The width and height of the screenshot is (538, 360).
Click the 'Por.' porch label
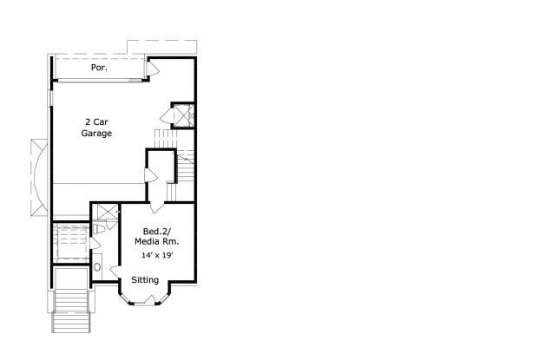[x=99, y=68]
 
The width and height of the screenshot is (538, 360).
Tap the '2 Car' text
[x=96, y=121]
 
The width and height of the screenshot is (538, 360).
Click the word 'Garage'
[x=96, y=133]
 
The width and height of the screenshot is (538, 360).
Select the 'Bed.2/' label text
[x=156, y=232]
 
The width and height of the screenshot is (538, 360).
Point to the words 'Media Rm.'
[x=156, y=241]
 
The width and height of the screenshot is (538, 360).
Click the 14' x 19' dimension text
[x=157, y=255]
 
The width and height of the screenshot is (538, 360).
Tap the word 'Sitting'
[x=145, y=280]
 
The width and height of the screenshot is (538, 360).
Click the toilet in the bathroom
[x=98, y=229]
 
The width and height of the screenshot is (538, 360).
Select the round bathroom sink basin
[x=97, y=267]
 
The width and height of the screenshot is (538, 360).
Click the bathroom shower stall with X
[x=108, y=211]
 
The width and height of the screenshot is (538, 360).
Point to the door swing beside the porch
[x=153, y=69]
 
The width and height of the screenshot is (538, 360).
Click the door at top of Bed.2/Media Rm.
[x=157, y=207]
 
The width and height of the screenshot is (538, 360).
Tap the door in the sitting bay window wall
[x=150, y=299]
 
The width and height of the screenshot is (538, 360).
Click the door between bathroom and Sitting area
[x=115, y=272]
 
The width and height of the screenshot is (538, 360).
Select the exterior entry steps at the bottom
[x=71, y=311]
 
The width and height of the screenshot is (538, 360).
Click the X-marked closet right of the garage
[x=182, y=115]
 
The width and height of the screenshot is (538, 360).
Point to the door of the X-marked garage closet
[x=167, y=116]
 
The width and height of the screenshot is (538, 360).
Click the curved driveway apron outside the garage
[x=39, y=178]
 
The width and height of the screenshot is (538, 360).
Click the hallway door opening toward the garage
[x=151, y=175]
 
